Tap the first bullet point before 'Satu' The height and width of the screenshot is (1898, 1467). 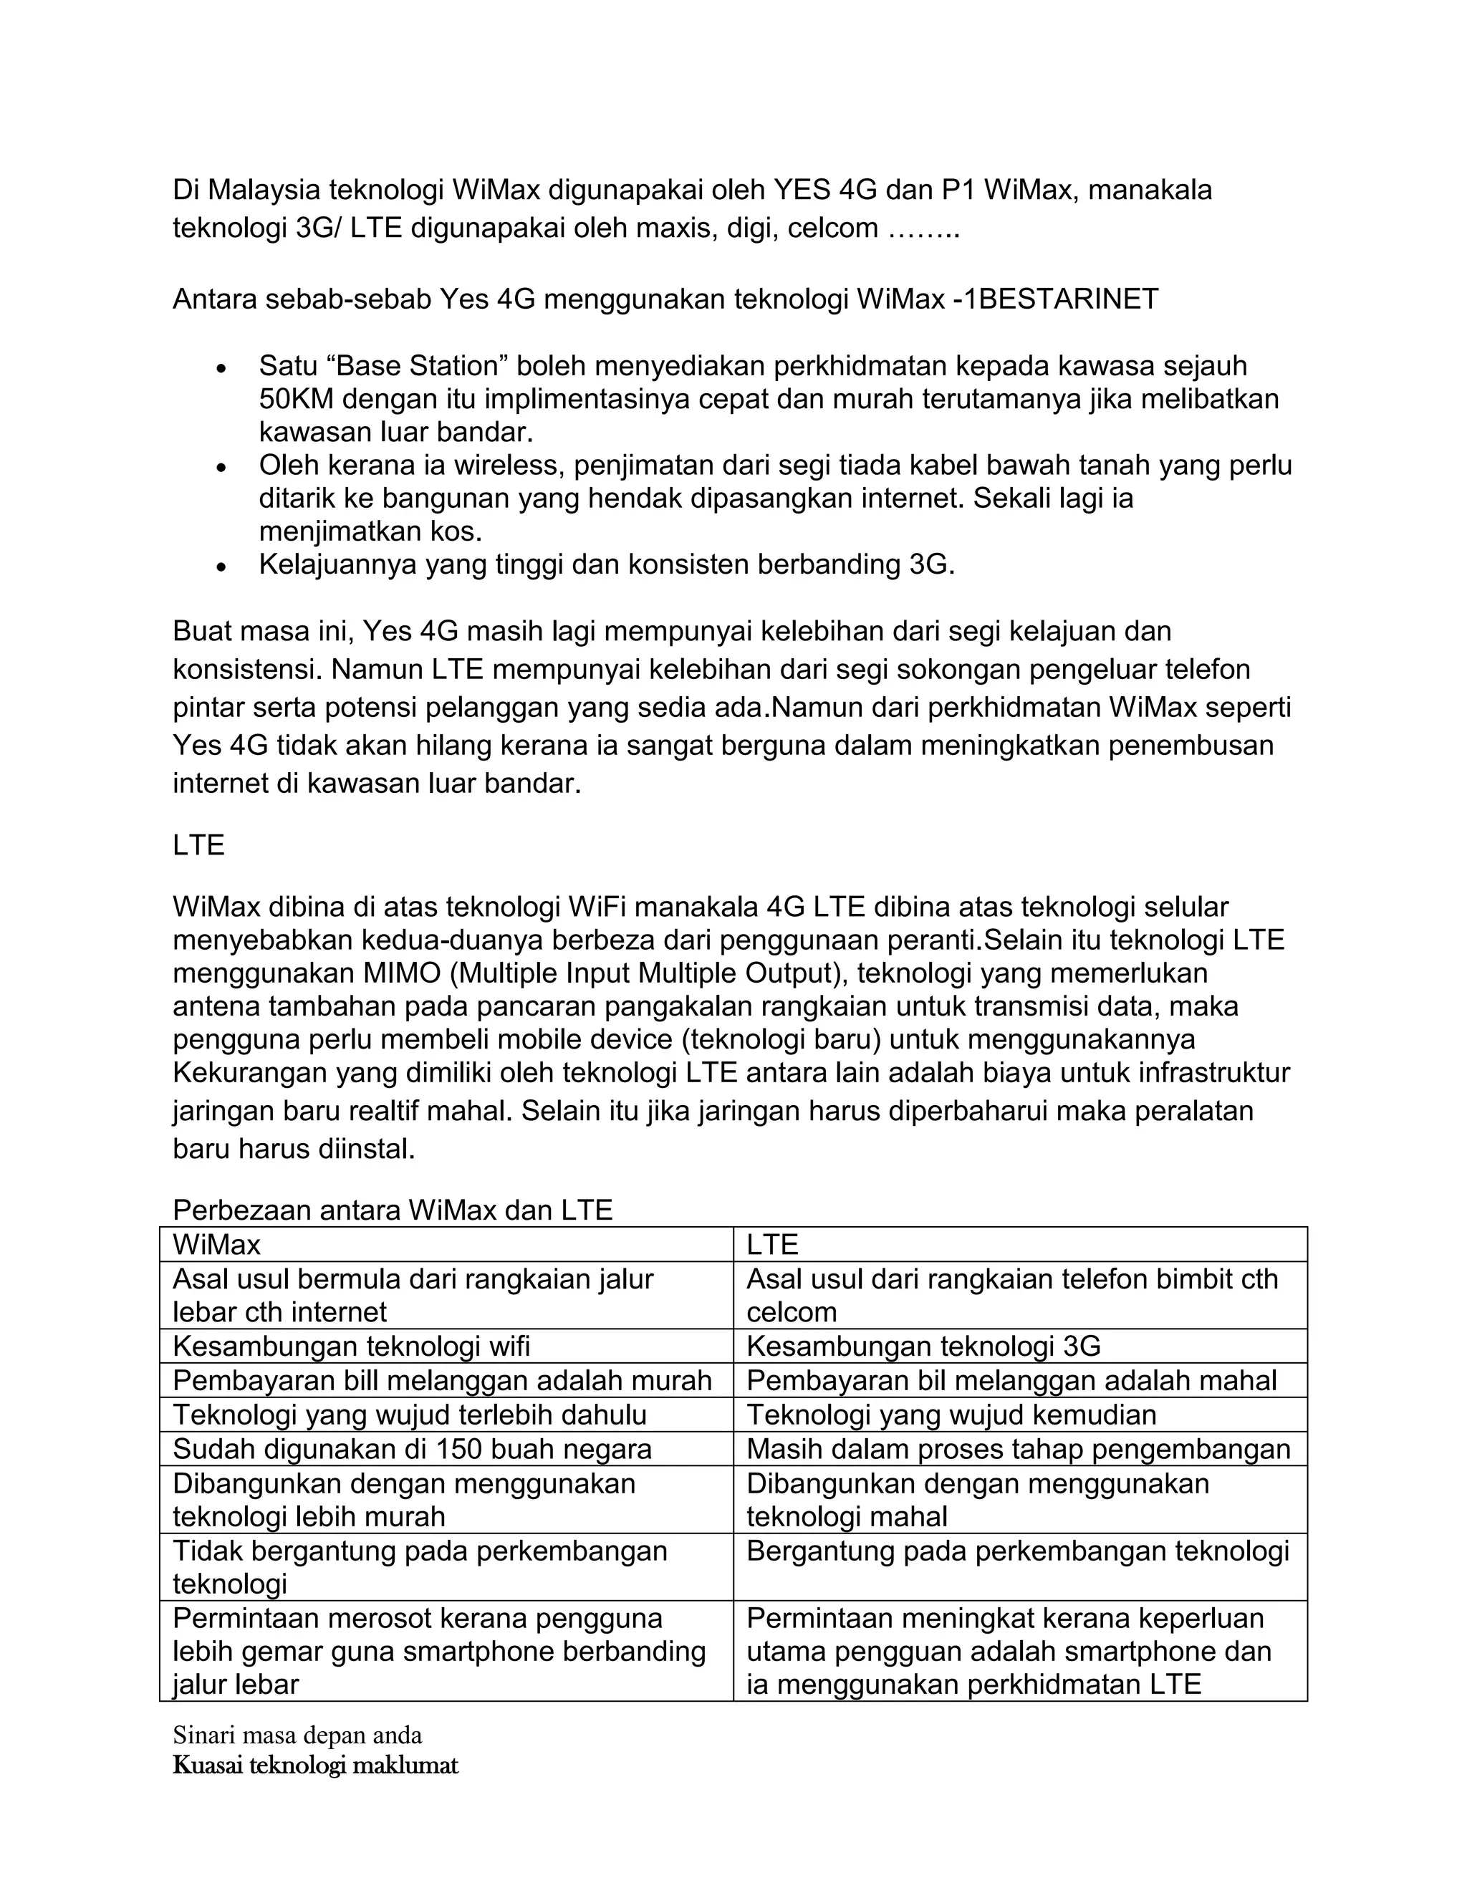223,368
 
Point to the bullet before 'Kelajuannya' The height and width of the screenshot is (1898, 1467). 223,567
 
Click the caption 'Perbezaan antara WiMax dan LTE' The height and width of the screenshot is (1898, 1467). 392,1210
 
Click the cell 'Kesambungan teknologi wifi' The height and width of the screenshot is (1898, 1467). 351,1347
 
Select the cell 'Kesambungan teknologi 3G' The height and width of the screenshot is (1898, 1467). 923,1347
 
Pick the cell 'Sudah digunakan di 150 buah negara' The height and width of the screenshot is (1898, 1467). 412,1449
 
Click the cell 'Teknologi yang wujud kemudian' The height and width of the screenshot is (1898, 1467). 951,1415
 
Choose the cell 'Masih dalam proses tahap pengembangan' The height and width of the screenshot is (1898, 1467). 1018,1449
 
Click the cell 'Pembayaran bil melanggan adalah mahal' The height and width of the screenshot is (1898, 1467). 1011,1381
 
